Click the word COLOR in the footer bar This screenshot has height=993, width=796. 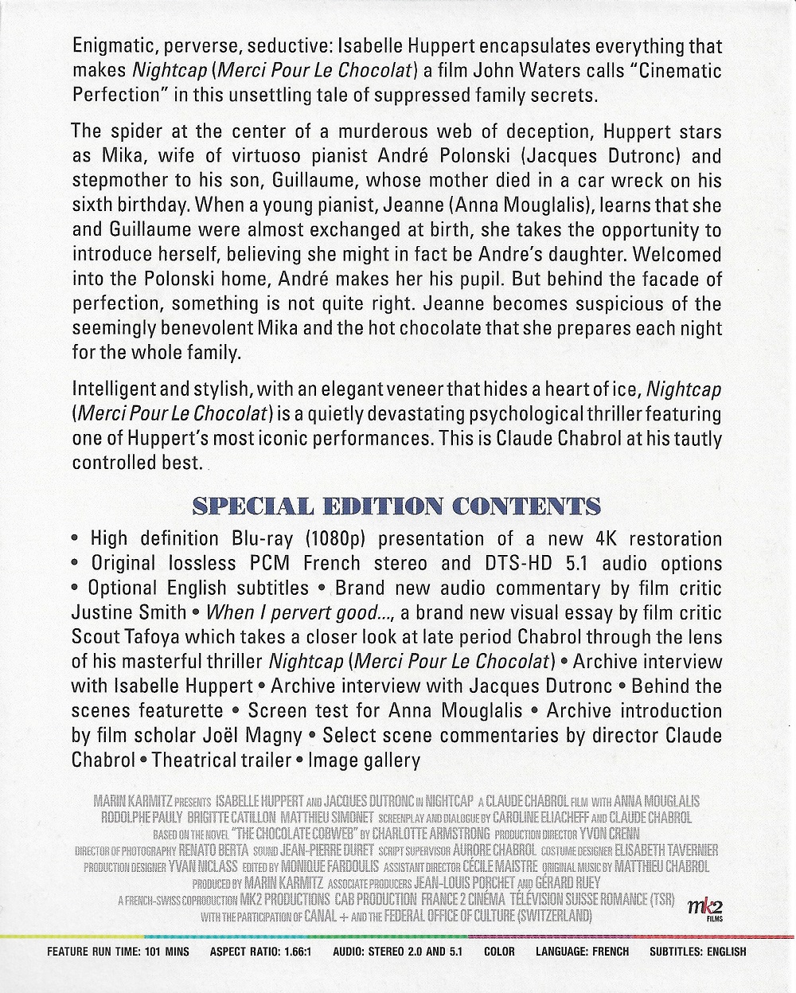tap(499, 952)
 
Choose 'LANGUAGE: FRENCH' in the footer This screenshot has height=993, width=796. tap(582, 952)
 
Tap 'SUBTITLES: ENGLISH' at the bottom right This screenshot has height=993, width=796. tap(698, 952)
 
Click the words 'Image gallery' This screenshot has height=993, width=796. tap(364, 760)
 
